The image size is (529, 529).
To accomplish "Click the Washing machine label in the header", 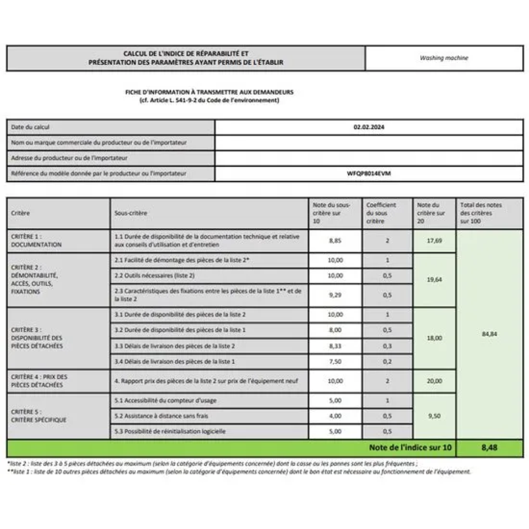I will click(443, 58).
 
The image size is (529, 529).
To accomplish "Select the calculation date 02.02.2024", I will click(369, 127).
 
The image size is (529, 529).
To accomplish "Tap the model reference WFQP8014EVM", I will click(369, 173).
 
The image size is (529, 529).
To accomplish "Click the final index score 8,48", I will click(489, 447).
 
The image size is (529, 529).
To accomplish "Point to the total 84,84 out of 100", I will click(489, 334).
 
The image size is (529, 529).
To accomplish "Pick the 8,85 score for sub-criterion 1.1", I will click(335, 241).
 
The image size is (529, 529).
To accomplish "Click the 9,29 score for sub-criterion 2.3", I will click(335, 295).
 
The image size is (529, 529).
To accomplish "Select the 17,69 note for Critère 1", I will click(434, 241).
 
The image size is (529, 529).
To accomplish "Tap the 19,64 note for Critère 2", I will click(434, 279).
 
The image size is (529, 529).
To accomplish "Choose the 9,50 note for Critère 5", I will click(434, 416).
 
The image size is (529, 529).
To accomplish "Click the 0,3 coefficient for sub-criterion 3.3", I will click(387, 346).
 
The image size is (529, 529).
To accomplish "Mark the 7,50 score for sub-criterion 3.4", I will click(335, 361).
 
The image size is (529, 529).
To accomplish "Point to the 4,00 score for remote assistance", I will click(335, 416).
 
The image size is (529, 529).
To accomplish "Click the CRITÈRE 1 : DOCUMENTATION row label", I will click(36, 240).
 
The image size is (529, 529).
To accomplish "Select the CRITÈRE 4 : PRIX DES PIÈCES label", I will click(39, 381).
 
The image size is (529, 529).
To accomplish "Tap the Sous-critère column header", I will click(131, 213).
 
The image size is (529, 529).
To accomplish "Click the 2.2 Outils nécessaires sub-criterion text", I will click(154, 276).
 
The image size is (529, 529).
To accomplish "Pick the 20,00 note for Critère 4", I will click(434, 381).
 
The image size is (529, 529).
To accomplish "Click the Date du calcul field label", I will click(30, 127).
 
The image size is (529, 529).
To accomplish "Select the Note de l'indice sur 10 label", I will click(410, 447).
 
